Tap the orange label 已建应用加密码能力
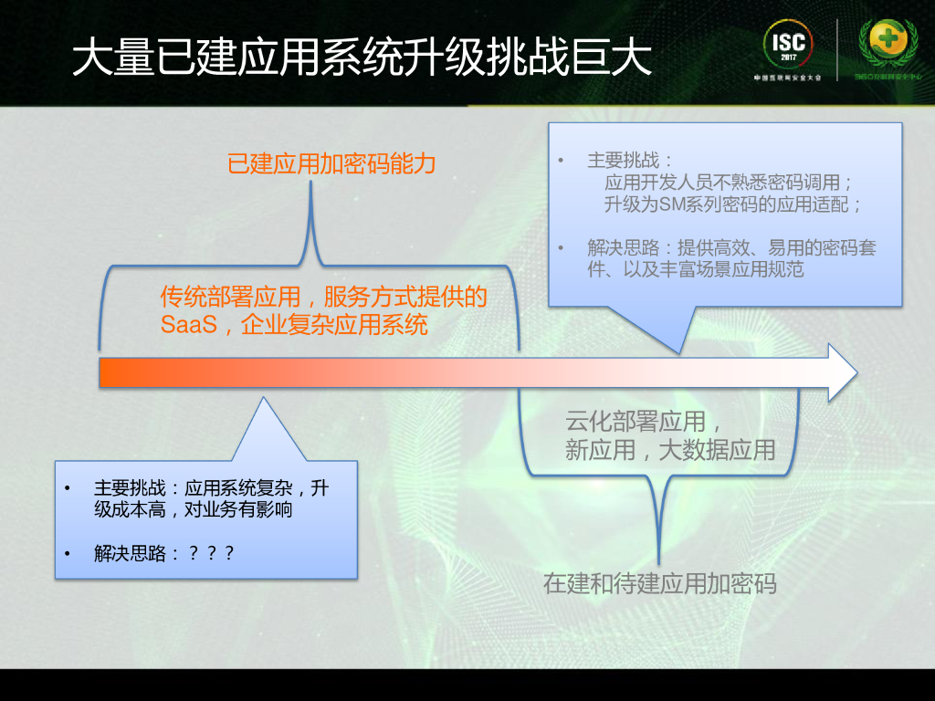pos(331,164)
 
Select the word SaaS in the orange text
pos(189,324)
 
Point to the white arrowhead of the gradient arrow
pos(842,372)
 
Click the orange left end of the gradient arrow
pos(114,372)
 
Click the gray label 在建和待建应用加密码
pos(659,583)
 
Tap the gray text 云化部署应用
pos(636,422)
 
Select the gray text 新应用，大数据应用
pos(669,449)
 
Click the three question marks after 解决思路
pos(211,553)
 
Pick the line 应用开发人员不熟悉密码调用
pos(728,183)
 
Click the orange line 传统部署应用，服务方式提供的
pos(323,297)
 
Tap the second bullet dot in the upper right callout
pos(562,248)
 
